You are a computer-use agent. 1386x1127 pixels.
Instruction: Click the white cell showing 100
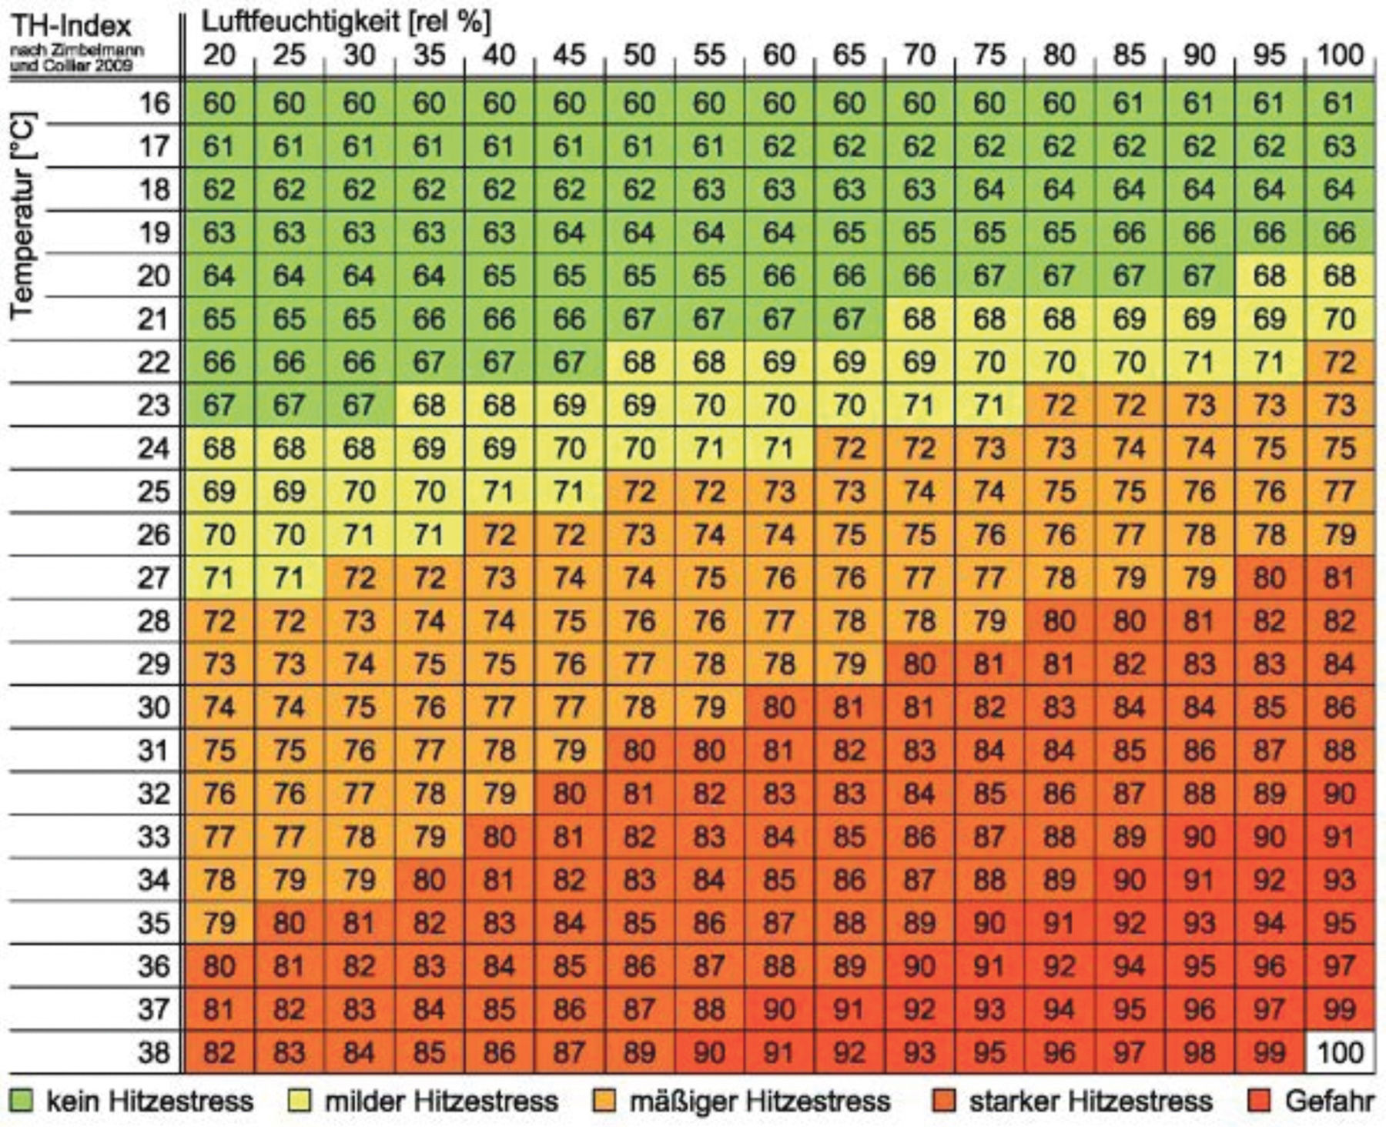coord(1340,1052)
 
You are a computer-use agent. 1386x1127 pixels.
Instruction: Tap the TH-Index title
coord(71,26)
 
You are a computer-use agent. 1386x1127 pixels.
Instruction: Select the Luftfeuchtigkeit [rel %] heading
coord(346,22)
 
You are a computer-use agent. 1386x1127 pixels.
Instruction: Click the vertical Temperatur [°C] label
coord(23,216)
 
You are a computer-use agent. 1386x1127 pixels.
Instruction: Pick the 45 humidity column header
coord(569,55)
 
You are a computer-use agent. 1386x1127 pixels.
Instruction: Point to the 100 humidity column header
coord(1340,55)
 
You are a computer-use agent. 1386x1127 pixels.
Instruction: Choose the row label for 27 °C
coord(152,577)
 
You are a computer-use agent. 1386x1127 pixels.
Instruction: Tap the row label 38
coord(152,1052)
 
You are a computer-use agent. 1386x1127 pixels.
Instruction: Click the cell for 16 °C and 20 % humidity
coord(219,103)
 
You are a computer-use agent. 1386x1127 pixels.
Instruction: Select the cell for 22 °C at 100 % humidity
coord(1340,362)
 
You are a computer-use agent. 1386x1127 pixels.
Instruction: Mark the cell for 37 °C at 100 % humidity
coord(1340,1009)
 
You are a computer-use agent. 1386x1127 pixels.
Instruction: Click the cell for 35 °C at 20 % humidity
coord(219,923)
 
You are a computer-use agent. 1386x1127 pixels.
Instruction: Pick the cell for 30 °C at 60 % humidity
coord(778,707)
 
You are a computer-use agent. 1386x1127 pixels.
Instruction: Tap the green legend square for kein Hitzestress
coord(22,1101)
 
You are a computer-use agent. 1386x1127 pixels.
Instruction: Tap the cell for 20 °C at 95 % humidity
coord(1269,276)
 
